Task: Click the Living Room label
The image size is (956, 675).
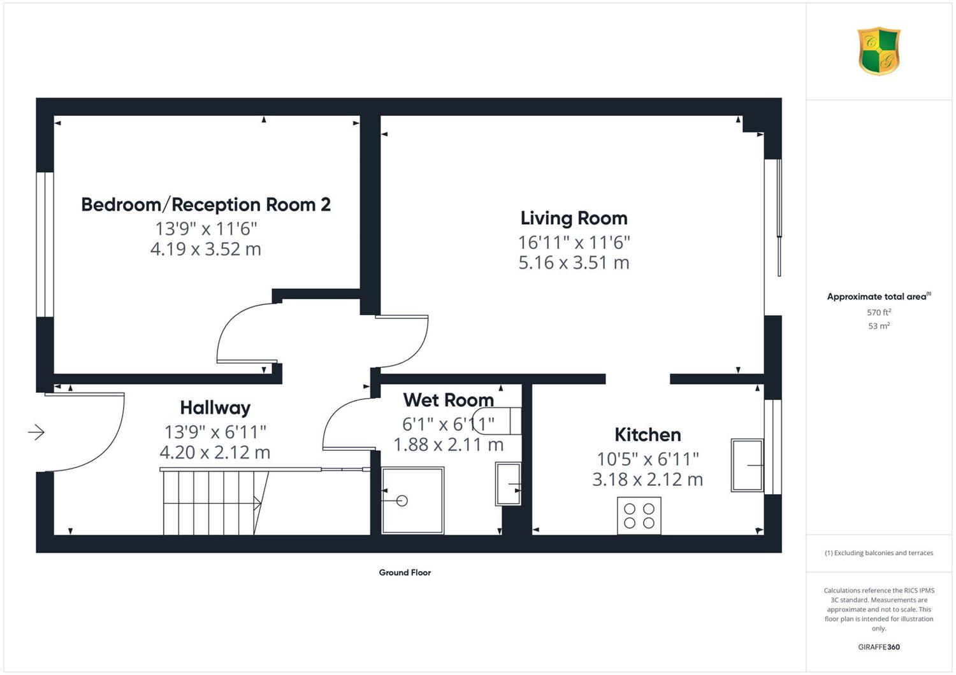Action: click(x=574, y=218)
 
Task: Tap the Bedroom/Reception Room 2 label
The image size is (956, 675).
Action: click(x=206, y=204)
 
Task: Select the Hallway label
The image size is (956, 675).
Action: click(x=215, y=408)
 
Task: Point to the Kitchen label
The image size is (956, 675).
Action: click(x=648, y=434)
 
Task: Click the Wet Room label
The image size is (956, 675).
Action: click(x=449, y=400)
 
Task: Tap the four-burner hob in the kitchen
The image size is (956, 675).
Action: click(x=639, y=516)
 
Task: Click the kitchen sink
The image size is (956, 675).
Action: click(x=748, y=465)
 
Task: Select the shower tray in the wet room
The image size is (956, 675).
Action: click(x=413, y=500)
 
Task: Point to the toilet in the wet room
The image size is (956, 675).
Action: click(x=498, y=421)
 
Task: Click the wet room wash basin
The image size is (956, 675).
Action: click(x=508, y=484)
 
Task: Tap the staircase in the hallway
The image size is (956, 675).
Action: click(x=215, y=502)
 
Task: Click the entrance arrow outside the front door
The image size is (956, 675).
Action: click(x=36, y=432)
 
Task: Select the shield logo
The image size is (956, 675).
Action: click(x=879, y=51)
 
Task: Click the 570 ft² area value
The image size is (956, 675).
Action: click(x=879, y=312)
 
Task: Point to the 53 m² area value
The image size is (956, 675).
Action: click(x=879, y=326)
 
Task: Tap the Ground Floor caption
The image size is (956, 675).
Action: click(x=405, y=572)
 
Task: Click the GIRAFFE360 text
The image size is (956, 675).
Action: click(x=879, y=647)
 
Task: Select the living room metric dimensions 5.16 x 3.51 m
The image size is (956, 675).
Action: click(x=574, y=262)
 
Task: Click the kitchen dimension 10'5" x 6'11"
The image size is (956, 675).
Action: click(x=648, y=459)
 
